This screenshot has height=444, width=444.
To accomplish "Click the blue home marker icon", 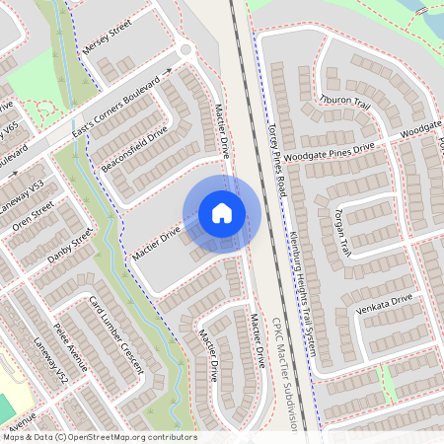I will tap(222, 213).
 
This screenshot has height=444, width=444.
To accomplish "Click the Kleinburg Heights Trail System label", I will tap(304, 287).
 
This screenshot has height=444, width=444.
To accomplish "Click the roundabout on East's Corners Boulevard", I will tap(185, 50).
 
